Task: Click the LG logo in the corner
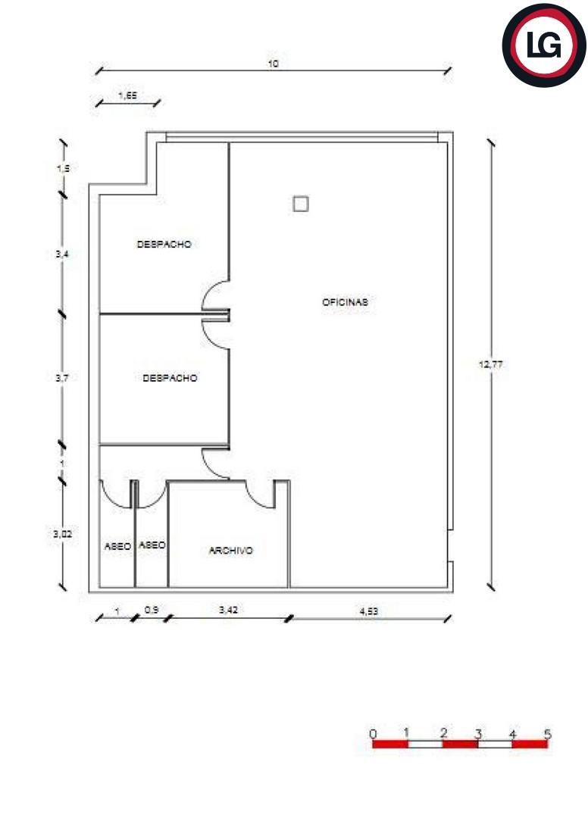tap(544, 45)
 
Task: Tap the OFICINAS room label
tap(345, 302)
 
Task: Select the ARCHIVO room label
tap(230, 551)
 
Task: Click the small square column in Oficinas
tap(301, 204)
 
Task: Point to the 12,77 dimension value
tap(490, 364)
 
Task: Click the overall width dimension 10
tap(273, 64)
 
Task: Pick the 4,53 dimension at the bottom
tap(369, 611)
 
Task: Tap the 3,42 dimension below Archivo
tap(229, 609)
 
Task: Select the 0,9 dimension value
tap(152, 609)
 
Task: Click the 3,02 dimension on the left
tap(63, 534)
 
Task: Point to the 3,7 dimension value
tap(62, 378)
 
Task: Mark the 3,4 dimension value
tap(62, 254)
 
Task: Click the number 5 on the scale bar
tap(547, 734)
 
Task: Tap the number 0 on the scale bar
tap(373, 734)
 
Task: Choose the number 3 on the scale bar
tap(478, 734)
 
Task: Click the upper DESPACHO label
tap(164, 244)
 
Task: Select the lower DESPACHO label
tap(170, 378)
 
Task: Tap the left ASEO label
tap(117, 546)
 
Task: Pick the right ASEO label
tap(152, 545)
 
